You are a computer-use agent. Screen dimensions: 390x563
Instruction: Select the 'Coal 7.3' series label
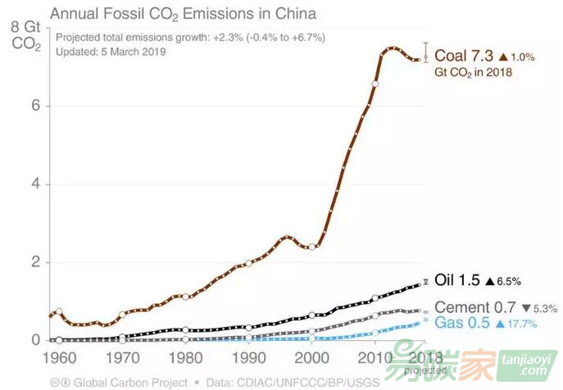point(463,56)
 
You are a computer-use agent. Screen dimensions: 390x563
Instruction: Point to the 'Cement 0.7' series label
point(470,306)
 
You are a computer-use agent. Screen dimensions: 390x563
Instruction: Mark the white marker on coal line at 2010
point(375,84)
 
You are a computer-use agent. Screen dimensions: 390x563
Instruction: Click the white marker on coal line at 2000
point(312,246)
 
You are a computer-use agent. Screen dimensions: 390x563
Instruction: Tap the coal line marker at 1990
point(249,263)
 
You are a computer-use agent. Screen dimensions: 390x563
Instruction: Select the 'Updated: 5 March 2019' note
point(111,51)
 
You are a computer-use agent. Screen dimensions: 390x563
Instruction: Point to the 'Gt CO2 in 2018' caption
point(473,72)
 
